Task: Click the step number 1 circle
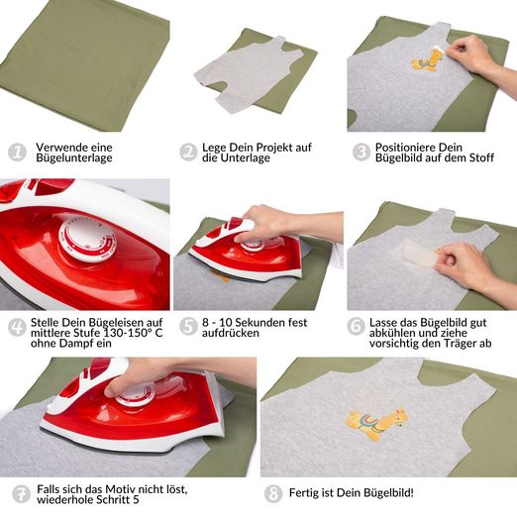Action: [x=17, y=153]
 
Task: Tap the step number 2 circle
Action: [x=188, y=153]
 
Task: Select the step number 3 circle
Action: [x=362, y=153]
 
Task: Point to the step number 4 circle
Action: [x=17, y=327]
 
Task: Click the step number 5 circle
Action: [x=188, y=327]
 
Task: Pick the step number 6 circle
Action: [x=356, y=327]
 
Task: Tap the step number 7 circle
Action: [x=21, y=494]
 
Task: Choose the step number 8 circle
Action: [x=273, y=494]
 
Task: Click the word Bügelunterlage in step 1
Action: [x=74, y=157]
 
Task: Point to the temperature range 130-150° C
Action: [x=133, y=333]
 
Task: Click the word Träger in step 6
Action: [x=461, y=344]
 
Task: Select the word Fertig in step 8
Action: [x=304, y=493]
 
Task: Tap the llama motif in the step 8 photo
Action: [x=376, y=424]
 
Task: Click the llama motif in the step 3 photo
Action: [x=427, y=60]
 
